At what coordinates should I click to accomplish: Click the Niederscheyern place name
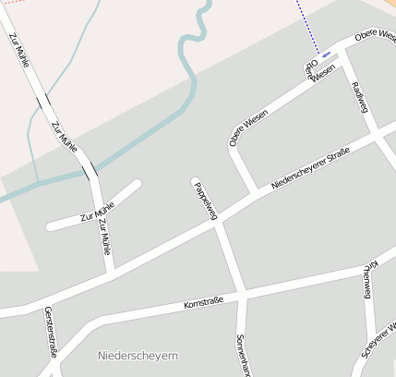[138, 356]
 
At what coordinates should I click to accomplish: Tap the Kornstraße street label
[204, 301]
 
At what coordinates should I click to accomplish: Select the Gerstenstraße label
[51, 334]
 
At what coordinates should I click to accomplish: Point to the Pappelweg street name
[205, 201]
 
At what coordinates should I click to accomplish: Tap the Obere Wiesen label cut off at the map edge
[375, 37]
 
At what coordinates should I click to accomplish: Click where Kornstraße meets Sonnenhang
[242, 295]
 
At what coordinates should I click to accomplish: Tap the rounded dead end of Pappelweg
[196, 180]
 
